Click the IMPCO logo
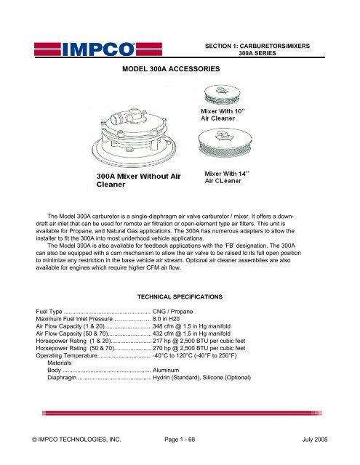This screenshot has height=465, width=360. pyautogui.click(x=82, y=49)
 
